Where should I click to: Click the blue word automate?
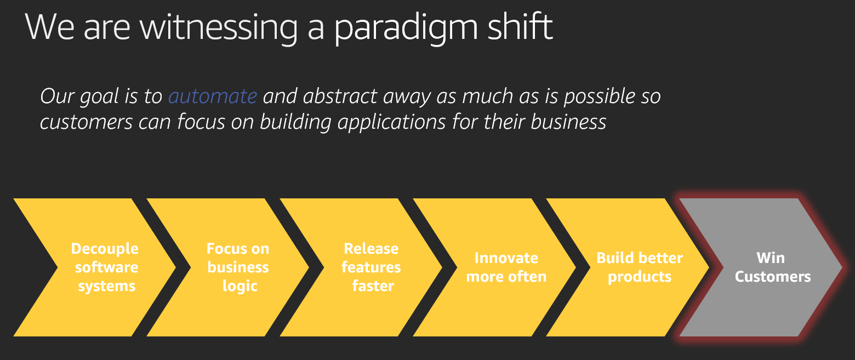[213, 96]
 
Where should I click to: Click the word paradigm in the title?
[406, 28]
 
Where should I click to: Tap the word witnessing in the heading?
[219, 28]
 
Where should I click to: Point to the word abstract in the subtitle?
[340, 96]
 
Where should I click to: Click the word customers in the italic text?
[86, 122]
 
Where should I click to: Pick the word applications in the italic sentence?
[392, 123]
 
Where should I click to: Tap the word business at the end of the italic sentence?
[568, 122]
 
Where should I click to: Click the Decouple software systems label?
[105, 267]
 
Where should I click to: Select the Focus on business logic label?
[238, 267]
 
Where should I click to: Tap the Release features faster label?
[372, 267]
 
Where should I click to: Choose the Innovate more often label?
[506, 267]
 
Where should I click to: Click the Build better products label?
[640, 267]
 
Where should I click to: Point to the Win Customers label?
[773, 267]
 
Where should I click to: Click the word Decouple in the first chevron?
[105, 249]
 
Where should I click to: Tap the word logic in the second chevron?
[240, 286]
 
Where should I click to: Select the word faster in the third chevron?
[373, 285]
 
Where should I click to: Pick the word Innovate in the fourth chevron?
[506, 258]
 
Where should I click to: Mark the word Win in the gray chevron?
[771, 258]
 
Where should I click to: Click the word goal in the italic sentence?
[99, 96]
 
